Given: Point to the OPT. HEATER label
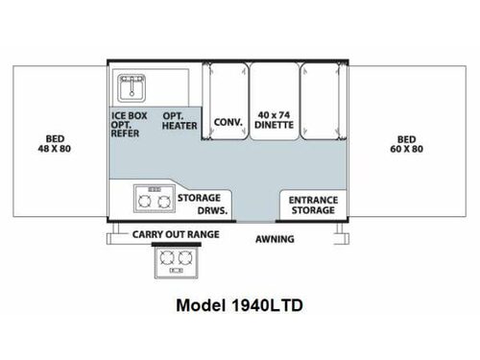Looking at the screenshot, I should pos(179,120).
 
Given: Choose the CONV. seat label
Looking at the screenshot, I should pos(228,122).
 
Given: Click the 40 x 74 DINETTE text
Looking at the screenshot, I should pos(274,121).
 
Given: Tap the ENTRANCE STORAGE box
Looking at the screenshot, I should pos(313,203).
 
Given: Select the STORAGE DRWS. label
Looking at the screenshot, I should pos(199,203).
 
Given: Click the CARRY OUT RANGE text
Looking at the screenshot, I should pos(176,234).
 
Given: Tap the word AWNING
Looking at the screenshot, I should pos(275,238).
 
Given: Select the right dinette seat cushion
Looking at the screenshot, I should pos(319,104).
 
